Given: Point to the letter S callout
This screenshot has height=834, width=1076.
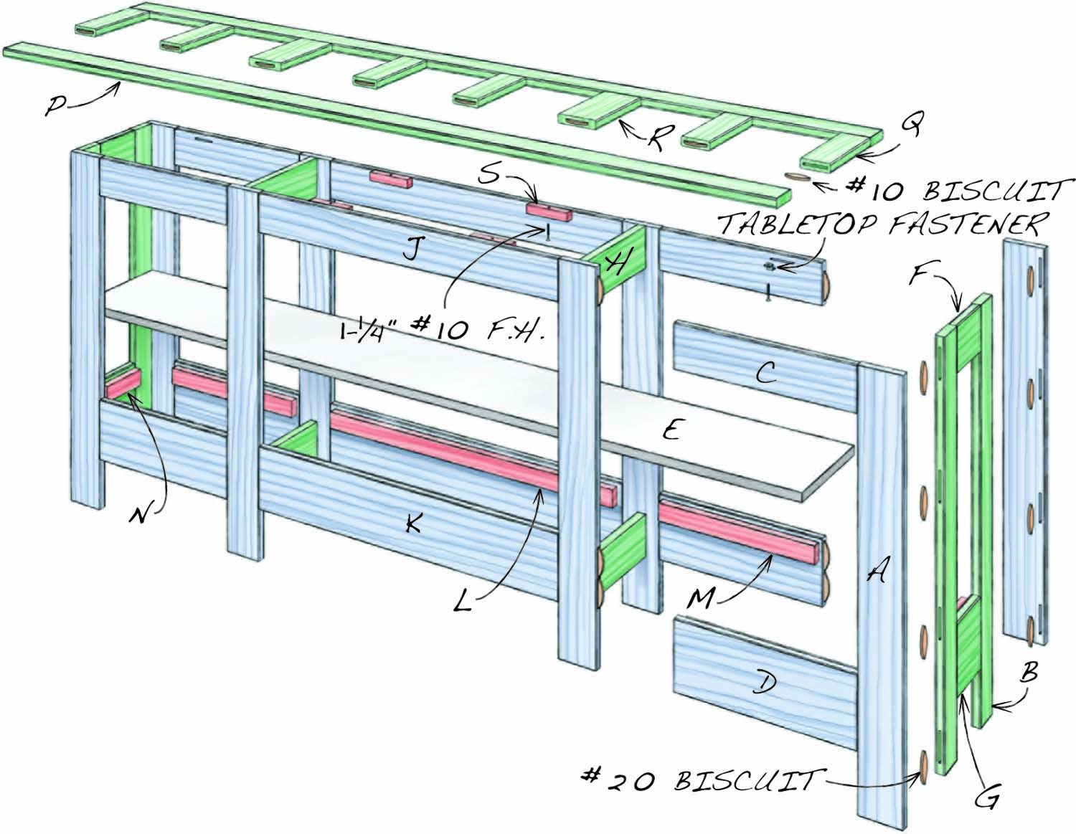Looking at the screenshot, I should [x=489, y=174].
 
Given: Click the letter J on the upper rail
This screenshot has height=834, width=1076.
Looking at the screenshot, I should [x=411, y=250].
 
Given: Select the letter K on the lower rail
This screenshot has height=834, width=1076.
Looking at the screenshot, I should [x=413, y=523].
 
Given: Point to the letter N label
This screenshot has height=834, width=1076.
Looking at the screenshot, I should [x=141, y=514].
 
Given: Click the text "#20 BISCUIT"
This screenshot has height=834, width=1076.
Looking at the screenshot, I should [x=699, y=779].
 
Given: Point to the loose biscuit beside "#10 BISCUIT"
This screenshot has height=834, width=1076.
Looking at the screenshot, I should [x=798, y=176].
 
